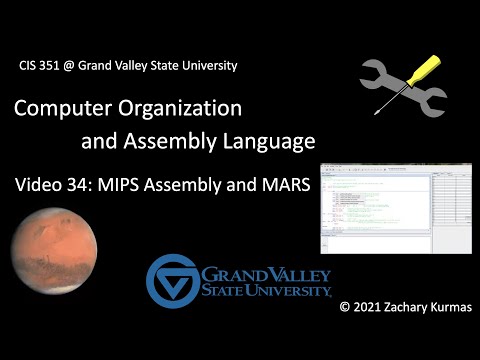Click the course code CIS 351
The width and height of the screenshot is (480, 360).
[x=39, y=65]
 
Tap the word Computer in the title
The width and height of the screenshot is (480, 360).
[x=62, y=106]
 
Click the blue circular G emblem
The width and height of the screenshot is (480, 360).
[x=172, y=281]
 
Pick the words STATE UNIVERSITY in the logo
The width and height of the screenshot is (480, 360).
[x=268, y=291]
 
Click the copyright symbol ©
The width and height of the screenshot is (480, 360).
[x=344, y=330]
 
